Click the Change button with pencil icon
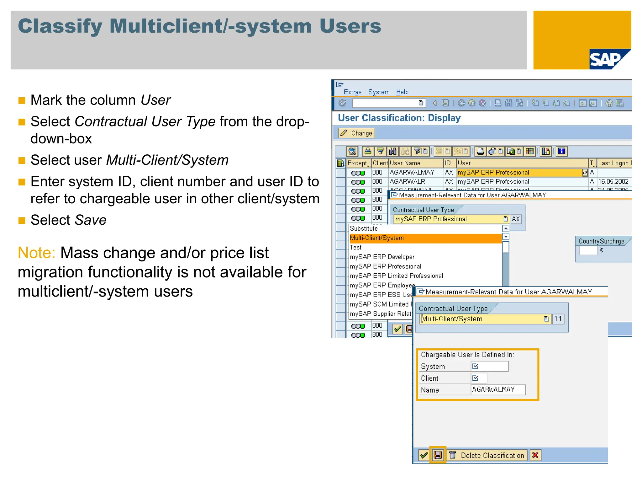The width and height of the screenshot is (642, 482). (357, 133)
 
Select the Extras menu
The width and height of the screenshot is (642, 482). (352, 92)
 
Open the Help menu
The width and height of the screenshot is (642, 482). (402, 92)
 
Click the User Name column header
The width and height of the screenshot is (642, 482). (405, 163)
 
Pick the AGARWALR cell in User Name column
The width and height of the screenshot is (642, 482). (407, 182)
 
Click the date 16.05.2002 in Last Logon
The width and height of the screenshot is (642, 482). (613, 182)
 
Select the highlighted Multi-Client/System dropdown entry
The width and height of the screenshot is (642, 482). (377, 238)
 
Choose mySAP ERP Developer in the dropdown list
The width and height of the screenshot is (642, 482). (382, 257)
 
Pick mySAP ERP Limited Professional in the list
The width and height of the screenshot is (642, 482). (397, 276)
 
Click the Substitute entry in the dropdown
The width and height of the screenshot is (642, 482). (364, 229)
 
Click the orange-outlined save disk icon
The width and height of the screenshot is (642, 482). (438, 455)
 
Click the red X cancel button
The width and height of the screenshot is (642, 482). (535, 455)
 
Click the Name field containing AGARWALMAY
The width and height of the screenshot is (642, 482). (498, 390)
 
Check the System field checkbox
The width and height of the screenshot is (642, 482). (476, 366)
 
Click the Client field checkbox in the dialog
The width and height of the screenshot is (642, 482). (476, 378)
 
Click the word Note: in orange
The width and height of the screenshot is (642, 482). (37, 253)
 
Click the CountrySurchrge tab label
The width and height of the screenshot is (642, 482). (601, 241)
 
